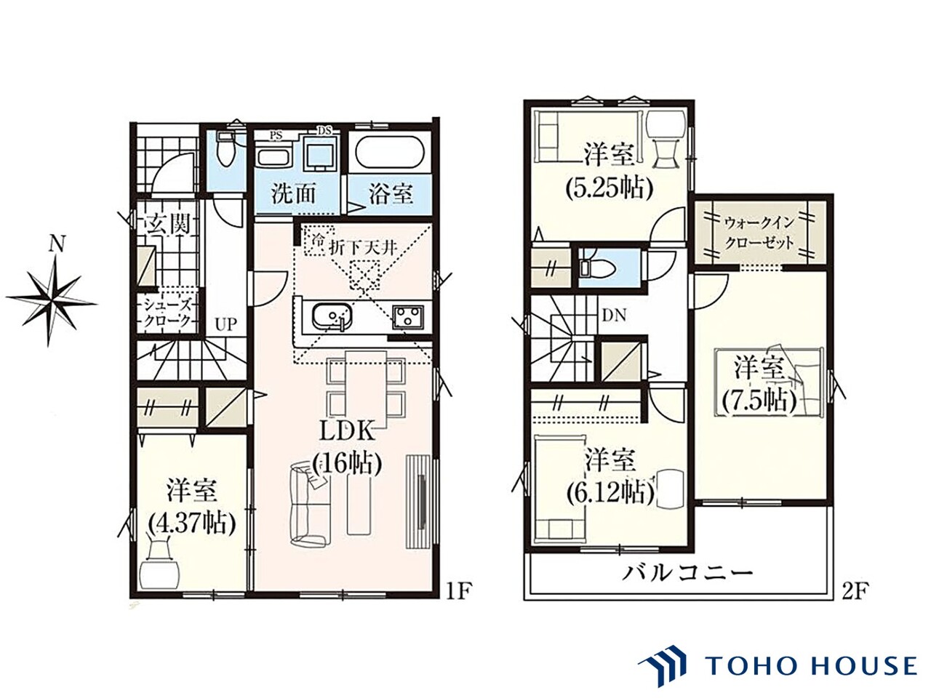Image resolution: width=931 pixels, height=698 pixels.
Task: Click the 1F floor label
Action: pyautogui.click(x=458, y=590)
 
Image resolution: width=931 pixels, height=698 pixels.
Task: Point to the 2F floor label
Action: pyautogui.click(x=853, y=590)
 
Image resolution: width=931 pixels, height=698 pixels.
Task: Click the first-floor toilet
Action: pyautogui.click(x=225, y=152)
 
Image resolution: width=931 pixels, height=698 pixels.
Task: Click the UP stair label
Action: pyautogui.click(x=225, y=324)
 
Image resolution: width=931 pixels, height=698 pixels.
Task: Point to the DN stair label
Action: pyautogui.click(x=614, y=316)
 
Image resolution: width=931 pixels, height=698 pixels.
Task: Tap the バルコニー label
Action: pyautogui.click(x=687, y=574)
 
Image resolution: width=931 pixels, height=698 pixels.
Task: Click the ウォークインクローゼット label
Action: pyautogui.click(x=759, y=233)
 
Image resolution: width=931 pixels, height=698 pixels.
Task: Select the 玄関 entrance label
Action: pyautogui.click(x=167, y=224)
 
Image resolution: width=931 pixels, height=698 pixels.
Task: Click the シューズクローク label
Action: pyautogui.click(x=167, y=313)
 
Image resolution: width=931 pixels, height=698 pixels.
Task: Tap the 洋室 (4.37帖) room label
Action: pyautogui.click(x=192, y=509)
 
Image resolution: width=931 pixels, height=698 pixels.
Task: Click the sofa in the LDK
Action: pyautogui.click(x=309, y=502)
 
